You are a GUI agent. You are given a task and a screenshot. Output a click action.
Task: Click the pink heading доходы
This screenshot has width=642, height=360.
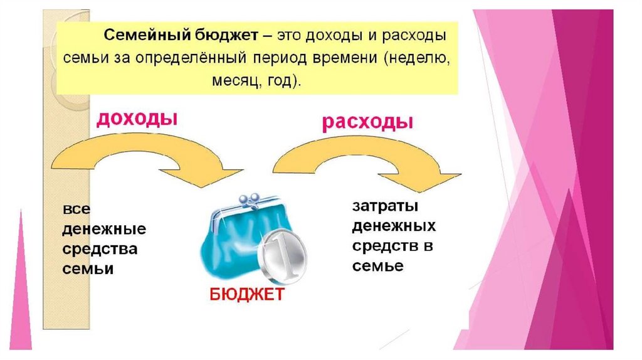click(135, 119)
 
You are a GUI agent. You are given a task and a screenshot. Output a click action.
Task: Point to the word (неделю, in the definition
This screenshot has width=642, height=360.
click(414, 58)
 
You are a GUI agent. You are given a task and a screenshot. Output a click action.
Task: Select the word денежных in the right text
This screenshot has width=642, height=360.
click(394, 225)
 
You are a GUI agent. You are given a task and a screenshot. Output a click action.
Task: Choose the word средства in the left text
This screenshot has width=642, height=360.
click(100, 249)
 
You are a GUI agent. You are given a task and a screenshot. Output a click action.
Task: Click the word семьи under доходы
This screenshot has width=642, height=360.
click(88, 268)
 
